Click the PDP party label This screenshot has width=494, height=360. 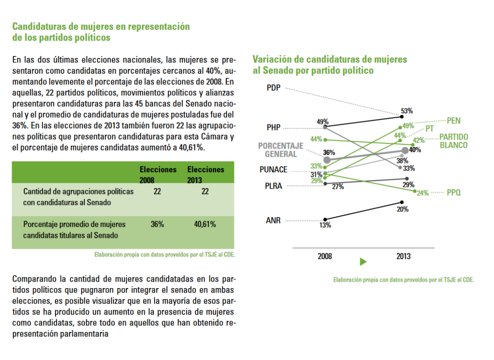click(x=274, y=88)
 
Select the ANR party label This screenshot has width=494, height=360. click(x=273, y=220)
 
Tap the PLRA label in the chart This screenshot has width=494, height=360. click(x=274, y=186)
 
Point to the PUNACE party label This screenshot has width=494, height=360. click(x=274, y=169)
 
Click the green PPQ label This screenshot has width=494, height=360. click(x=453, y=192)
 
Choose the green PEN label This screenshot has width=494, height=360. click(x=453, y=121)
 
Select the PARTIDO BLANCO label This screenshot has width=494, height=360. click(x=453, y=141)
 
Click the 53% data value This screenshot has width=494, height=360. click(x=407, y=111)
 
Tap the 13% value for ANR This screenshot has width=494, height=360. click(x=325, y=225)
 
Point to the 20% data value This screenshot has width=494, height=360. click(x=403, y=209)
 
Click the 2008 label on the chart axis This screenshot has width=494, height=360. click(x=325, y=256)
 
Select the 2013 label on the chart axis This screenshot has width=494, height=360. click(x=404, y=256)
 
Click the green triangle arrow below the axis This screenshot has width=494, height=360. click(x=363, y=262)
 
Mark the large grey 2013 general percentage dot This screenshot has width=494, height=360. click(x=405, y=151)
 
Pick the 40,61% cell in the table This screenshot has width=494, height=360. click(x=205, y=224)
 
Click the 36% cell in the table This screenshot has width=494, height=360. click(x=157, y=224)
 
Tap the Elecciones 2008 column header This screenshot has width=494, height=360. click(x=158, y=175)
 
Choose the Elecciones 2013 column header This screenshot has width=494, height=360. click(x=206, y=175)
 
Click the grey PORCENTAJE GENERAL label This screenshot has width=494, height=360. click(x=281, y=150)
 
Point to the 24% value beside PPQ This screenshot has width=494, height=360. click(x=423, y=193)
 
